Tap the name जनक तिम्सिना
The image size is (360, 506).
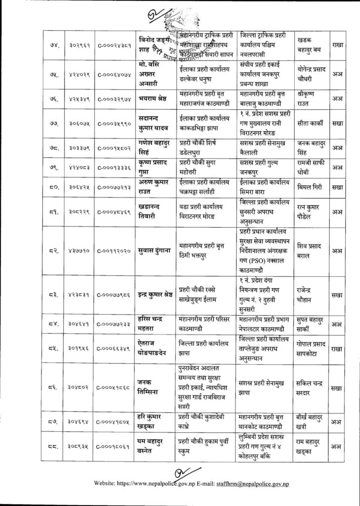[x=152, y=384]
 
